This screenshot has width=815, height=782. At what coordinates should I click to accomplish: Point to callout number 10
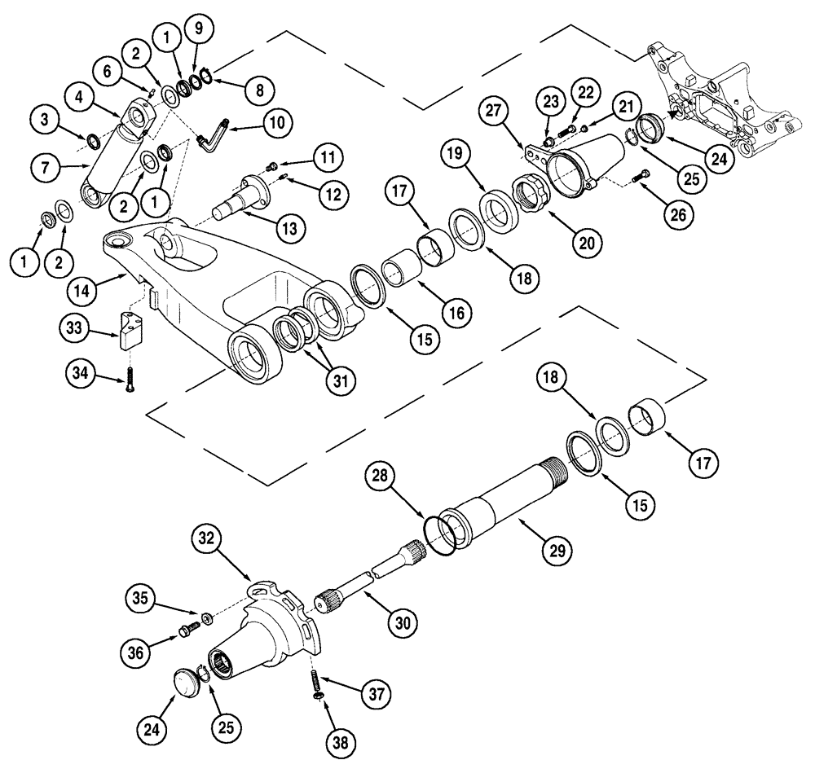click(276, 123)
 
